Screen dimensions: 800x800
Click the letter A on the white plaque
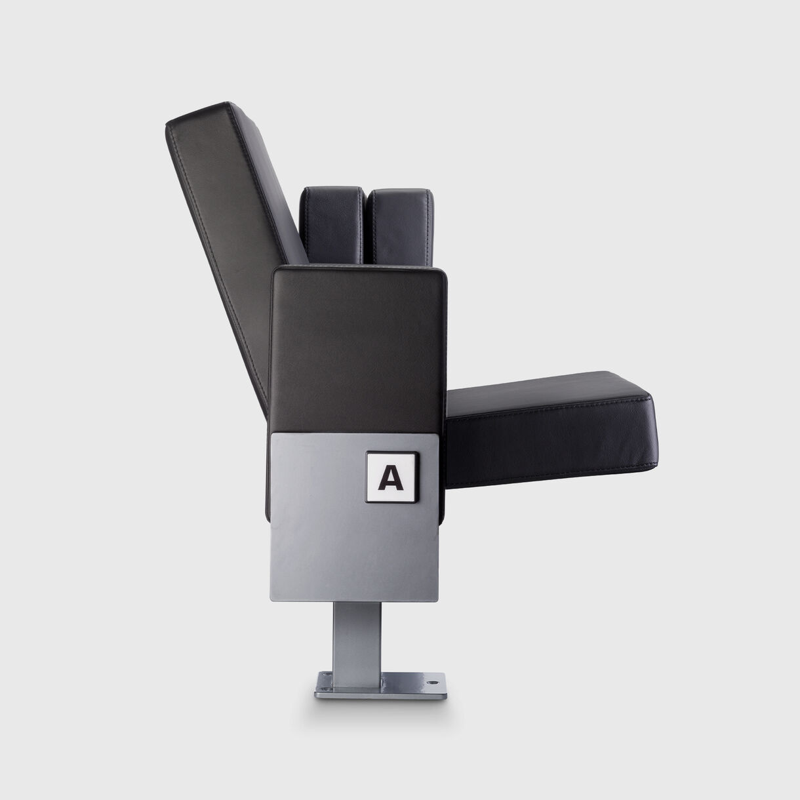tap(391, 478)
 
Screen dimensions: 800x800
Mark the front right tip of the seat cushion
tap(649, 400)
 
